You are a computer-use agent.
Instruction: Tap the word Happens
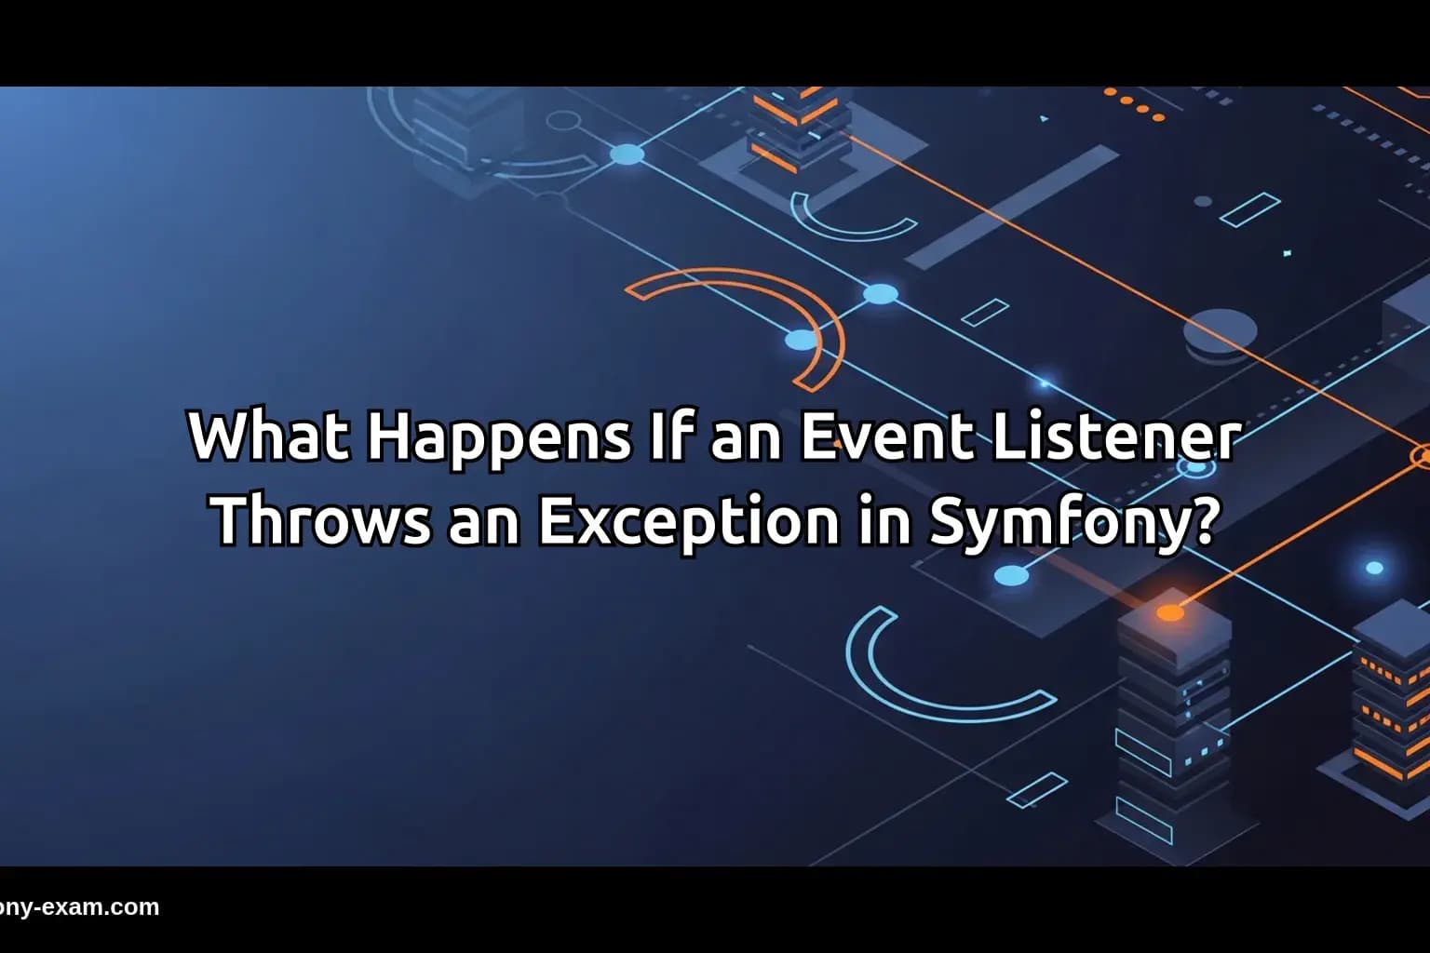(x=498, y=436)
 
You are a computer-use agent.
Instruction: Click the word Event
(x=880, y=436)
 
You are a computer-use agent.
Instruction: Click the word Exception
(x=688, y=521)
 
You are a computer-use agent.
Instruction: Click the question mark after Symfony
(x=1202, y=521)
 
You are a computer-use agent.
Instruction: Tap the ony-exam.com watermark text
(x=80, y=907)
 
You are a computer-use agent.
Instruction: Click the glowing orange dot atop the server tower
(x=1170, y=612)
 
